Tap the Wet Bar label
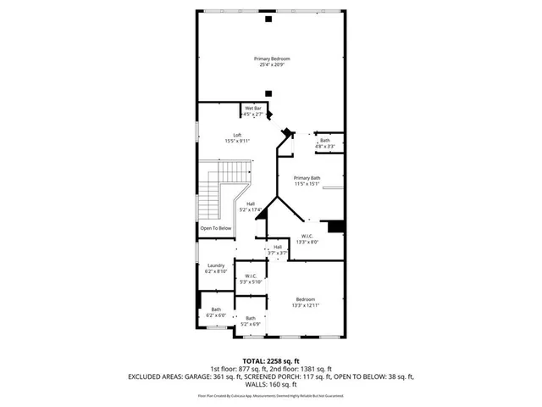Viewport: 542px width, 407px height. (253, 109)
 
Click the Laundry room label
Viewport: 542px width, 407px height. (216, 265)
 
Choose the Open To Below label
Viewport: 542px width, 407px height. (216, 228)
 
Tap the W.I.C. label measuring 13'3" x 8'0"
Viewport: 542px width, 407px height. (307, 237)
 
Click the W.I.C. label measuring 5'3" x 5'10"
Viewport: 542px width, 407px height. (252, 276)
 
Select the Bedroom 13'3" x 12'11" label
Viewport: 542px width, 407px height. (305, 299)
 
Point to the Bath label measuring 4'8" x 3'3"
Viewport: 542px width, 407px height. (325, 141)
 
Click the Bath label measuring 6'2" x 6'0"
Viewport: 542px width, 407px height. (216, 309)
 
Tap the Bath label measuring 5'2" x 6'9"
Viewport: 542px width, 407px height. (251, 318)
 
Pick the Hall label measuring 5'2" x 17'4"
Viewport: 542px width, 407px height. (251, 203)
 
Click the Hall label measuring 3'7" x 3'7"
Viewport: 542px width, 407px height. (278, 247)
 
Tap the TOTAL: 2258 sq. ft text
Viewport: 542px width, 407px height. (271, 361)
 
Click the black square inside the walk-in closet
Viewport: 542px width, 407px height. (335, 226)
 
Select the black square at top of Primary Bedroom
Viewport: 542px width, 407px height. (268, 18)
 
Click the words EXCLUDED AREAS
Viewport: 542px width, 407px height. (160, 375)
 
